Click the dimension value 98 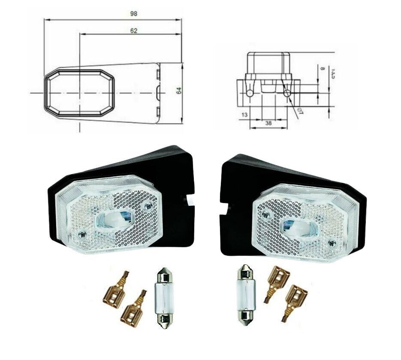click(134, 14)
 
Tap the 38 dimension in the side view click(268, 123)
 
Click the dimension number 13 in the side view click(245, 115)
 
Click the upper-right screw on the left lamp click(148, 206)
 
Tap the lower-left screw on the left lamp click(82, 235)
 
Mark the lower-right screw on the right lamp click(332, 244)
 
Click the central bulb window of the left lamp click(112, 221)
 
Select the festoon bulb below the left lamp click(163, 296)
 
